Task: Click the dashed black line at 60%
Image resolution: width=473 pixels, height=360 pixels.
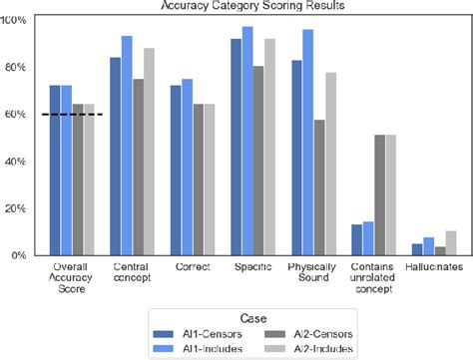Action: click(x=73, y=115)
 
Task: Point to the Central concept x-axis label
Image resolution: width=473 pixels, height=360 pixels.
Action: click(x=132, y=275)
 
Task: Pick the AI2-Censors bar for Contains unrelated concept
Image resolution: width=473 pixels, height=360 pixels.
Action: click(x=379, y=194)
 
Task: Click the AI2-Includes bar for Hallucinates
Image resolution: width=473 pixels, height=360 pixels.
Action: click(x=449, y=243)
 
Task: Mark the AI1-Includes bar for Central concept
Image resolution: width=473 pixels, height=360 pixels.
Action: click(x=127, y=146)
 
